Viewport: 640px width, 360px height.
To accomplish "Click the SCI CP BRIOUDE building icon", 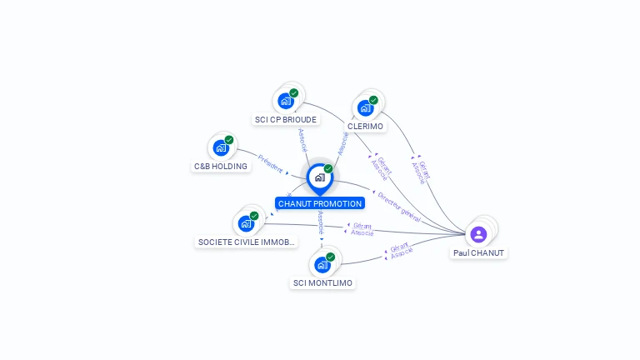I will click(x=286, y=101).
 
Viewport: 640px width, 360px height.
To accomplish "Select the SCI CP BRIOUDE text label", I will click(x=286, y=119).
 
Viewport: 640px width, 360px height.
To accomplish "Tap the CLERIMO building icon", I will click(x=365, y=107).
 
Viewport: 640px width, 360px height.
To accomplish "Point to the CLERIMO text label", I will click(x=365, y=126).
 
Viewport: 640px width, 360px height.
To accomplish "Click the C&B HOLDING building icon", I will click(x=221, y=147).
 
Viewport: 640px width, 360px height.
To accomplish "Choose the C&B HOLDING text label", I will click(x=221, y=166).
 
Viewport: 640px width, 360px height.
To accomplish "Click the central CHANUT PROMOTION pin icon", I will click(x=320, y=177).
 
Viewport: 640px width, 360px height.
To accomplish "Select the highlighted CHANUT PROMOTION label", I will click(x=320, y=203).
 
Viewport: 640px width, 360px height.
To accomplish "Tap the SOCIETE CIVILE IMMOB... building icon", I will click(x=246, y=222).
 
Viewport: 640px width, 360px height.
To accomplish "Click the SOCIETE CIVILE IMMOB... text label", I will click(x=246, y=242).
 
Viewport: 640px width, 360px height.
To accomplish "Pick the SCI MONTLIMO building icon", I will click(x=322, y=265).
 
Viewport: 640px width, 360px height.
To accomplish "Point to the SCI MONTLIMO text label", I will click(x=322, y=283).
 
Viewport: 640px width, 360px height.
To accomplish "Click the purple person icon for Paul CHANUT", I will click(x=478, y=234).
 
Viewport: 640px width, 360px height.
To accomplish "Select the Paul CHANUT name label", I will click(x=478, y=252).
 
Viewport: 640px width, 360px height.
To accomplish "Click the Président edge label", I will click(x=271, y=162).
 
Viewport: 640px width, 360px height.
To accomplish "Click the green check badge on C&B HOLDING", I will click(x=229, y=140).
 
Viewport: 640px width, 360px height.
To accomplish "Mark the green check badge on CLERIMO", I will click(x=373, y=100).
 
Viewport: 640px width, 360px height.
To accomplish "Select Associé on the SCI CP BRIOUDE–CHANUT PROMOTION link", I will click(x=302, y=139).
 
